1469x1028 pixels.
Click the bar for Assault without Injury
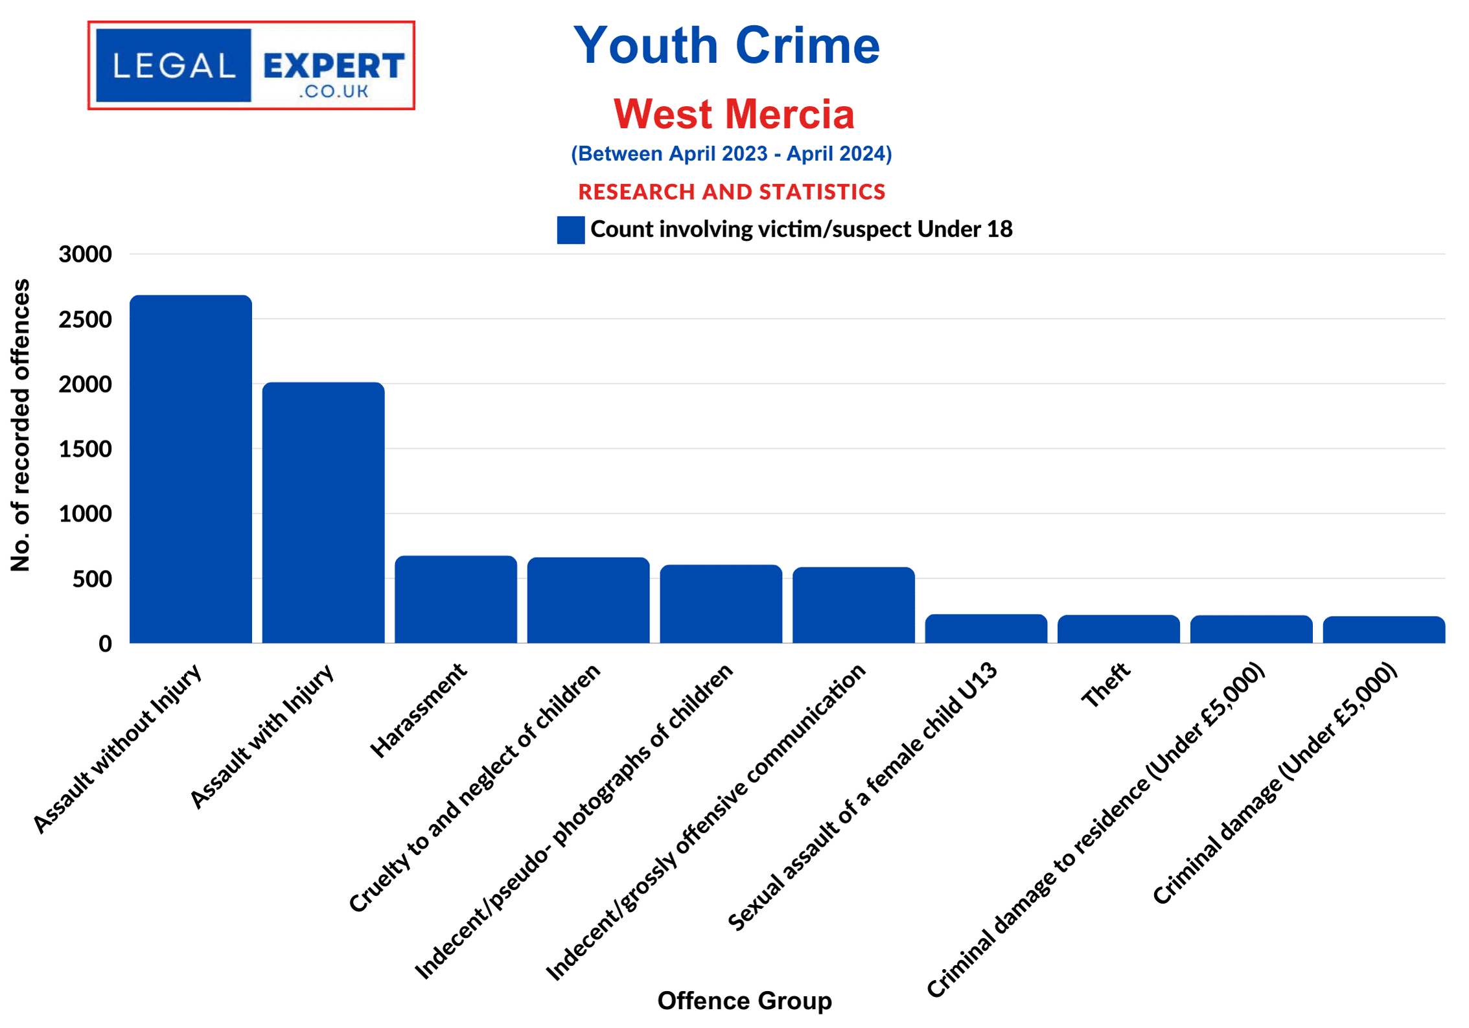tap(191, 469)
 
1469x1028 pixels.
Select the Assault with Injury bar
tap(323, 512)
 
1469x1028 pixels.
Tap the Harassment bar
tap(456, 599)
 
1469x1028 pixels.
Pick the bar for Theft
tap(1118, 629)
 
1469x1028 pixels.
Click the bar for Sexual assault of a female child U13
tap(986, 628)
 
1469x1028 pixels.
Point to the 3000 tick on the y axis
tap(85, 254)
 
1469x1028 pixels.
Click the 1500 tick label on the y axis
tap(85, 449)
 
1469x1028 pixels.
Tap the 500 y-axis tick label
tap(91, 579)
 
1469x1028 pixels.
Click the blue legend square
tap(570, 230)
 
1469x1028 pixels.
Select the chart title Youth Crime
tap(726, 45)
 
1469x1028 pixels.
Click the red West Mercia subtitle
tap(734, 114)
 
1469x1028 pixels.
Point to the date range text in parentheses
tap(731, 154)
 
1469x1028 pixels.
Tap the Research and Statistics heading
tap(731, 192)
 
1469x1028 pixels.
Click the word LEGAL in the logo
tap(174, 66)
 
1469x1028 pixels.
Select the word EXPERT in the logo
tap(334, 66)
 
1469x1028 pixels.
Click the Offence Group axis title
tap(744, 1000)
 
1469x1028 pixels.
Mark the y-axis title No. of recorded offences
tap(20, 425)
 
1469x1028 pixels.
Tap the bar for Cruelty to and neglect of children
tap(588, 600)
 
